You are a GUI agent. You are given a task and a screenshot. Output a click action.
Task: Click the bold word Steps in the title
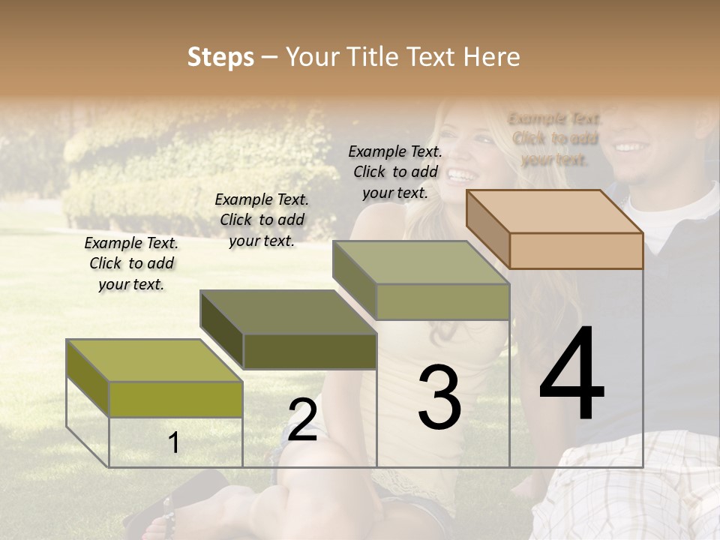(x=220, y=57)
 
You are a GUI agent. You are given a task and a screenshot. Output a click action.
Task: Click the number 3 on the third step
(x=439, y=397)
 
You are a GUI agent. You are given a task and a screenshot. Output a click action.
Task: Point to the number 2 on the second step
(x=302, y=420)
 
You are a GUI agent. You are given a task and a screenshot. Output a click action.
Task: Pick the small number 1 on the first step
(x=174, y=443)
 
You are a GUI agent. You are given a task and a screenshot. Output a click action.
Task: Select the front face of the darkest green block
(x=309, y=351)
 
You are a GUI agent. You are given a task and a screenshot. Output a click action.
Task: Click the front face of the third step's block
(x=442, y=302)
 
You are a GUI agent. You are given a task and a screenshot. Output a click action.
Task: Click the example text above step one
(x=131, y=263)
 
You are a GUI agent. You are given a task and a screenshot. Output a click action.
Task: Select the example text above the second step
(x=262, y=220)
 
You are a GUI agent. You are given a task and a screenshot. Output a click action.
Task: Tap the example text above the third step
(x=395, y=172)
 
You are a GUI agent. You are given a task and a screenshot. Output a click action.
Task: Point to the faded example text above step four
(x=555, y=139)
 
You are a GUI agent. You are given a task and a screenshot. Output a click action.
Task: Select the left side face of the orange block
(x=487, y=226)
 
